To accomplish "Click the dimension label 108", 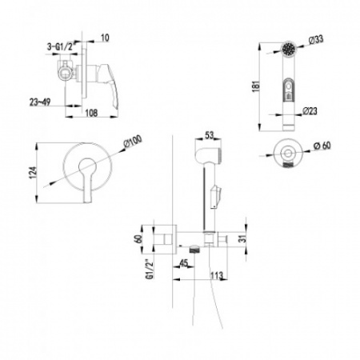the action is tap(91, 113).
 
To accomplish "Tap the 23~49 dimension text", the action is tap(40, 102).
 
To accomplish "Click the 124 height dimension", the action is tap(32, 173).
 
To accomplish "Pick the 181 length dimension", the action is tap(255, 86).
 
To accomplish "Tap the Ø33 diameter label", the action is tap(316, 40).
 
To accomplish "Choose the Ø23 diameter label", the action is tap(310, 111).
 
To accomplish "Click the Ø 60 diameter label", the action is tap(322, 146).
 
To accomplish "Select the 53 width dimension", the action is tap(210, 135).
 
